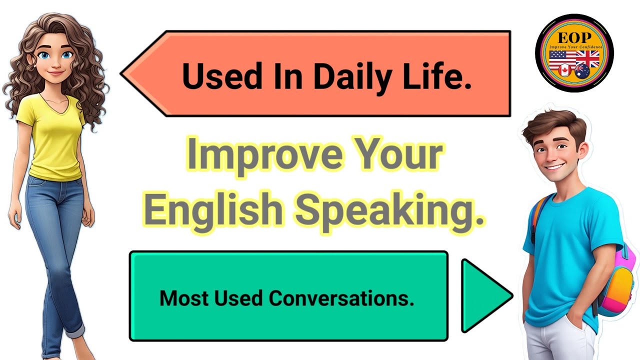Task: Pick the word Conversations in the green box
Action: click(x=341, y=298)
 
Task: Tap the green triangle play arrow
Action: click(x=482, y=296)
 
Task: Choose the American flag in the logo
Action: click(x=562, y=59)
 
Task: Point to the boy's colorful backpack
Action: click(x=620, y=280)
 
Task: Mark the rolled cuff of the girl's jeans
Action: click(x=75, y=329)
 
